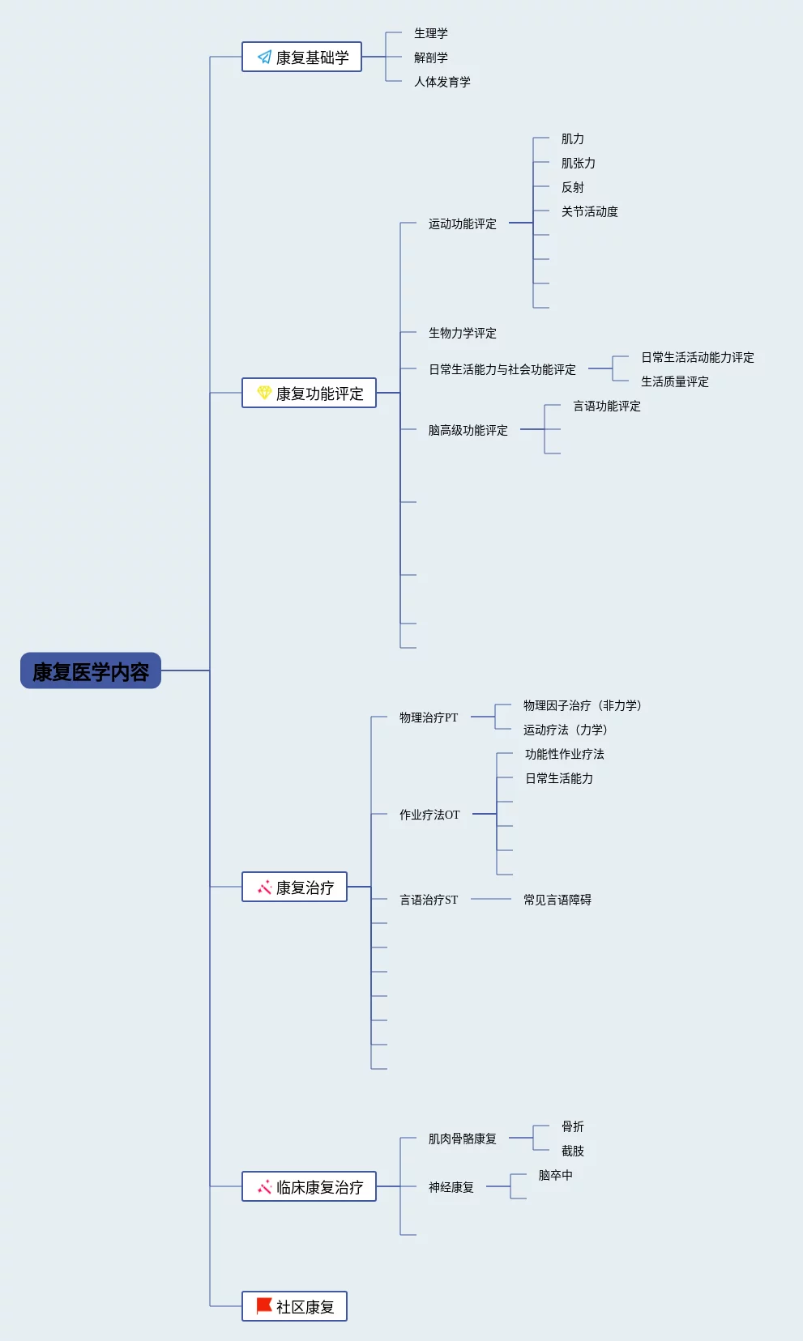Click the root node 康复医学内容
pos(91,671)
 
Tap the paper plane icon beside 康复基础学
pos(264,57)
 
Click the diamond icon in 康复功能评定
pos(264,393)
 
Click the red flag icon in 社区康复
pos(264,1306)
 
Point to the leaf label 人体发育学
pos(442,82)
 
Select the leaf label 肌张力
pos(578,164)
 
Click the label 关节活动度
pos(589,212)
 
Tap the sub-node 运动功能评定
pos(462,224)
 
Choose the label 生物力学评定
pos(462,334)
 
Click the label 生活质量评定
pos(674,382)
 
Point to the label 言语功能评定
pos(606,407)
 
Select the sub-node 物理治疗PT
pos(428,718)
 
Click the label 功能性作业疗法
pos(564,755)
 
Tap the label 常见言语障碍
pos(557,900)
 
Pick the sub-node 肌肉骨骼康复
pos(462,1139)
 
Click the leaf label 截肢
pos(572,1152)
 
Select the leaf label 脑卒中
pos(555,1176)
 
